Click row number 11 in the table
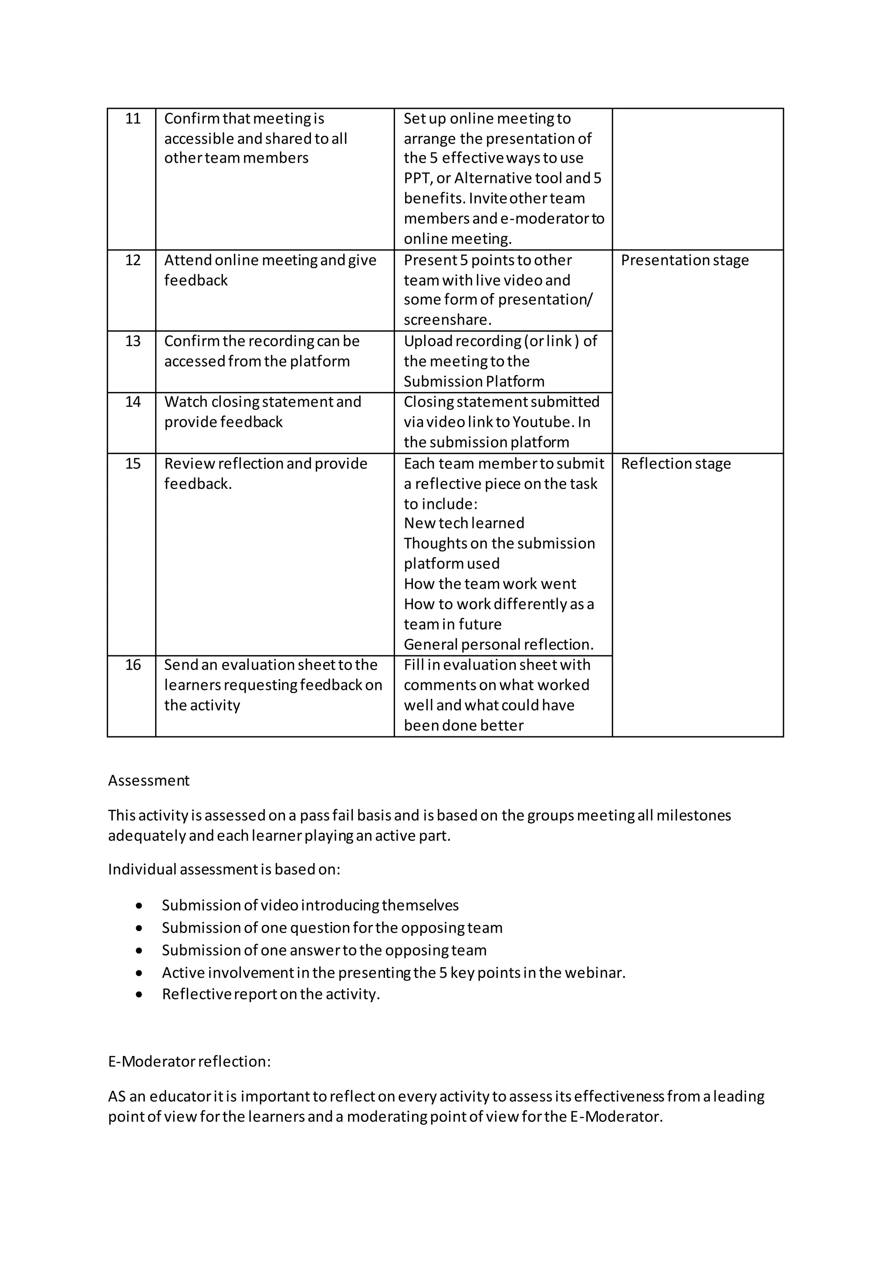click(132, 118)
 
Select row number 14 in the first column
click(132, 402)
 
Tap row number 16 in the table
click(132, 665)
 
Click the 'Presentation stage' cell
click(684, 260)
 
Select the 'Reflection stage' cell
click(676, 464)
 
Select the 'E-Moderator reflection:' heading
click(189, 1062)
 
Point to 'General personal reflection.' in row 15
click(499, 645)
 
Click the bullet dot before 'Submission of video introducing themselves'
click(139, 906)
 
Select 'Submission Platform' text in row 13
click(473, 382)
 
